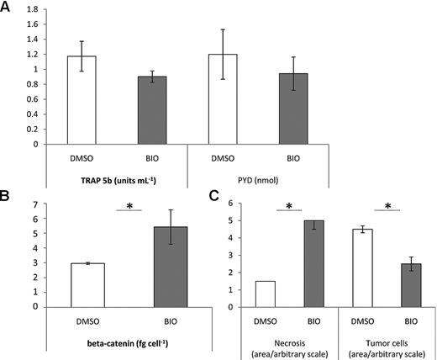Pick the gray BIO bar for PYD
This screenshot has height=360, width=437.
coord(317,109)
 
